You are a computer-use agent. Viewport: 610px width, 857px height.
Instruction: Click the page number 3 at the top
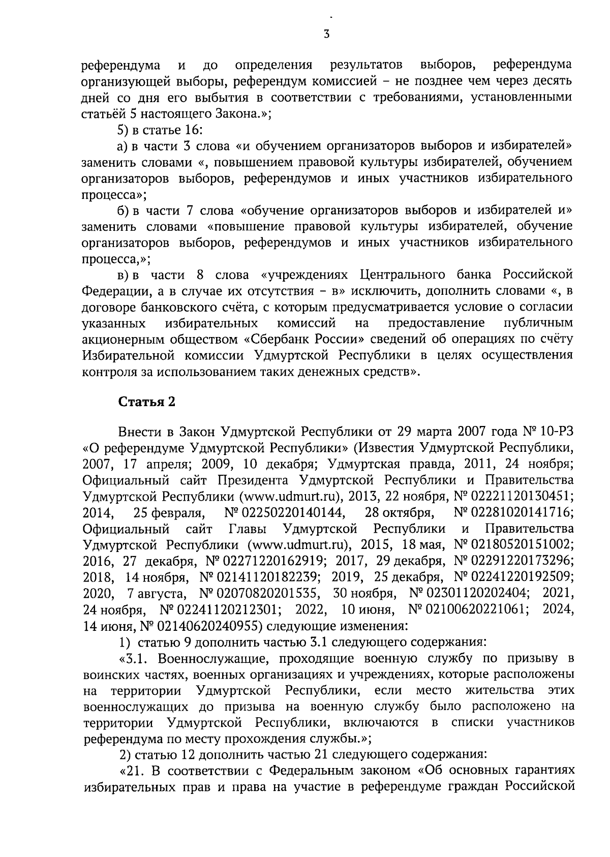326,35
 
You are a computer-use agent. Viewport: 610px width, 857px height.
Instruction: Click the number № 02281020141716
513,512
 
